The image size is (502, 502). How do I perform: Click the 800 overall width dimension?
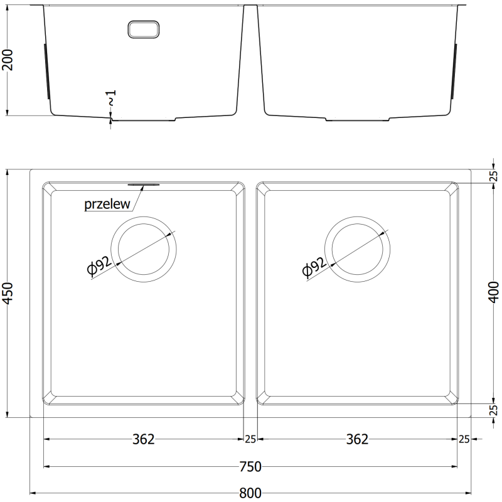click(x=251, y=493)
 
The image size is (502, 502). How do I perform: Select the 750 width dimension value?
click(x=250, y=466)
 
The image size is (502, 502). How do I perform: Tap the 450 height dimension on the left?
click(x=8, y=293)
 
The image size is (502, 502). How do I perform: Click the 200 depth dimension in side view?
click(x=8, y=60)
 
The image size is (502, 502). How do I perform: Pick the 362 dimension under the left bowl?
click(x=144, y=439)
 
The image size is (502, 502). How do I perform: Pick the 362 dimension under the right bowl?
click(x=357, y=439)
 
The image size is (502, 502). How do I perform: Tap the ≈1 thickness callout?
click(x=111, y=98)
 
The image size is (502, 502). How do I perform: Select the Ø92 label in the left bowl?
click(x=100, y=265)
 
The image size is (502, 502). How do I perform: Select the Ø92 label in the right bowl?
click(x=314, y=265)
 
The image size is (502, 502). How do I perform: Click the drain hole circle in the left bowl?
click(x=143, y=249)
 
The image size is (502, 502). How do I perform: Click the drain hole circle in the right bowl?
click(x=357, y=249)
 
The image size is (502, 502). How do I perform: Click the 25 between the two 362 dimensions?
click(x=250, y=439)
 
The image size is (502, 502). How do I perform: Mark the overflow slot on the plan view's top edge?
click(x=144, y=184)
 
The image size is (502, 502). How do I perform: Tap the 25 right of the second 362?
click(x=464, y=439)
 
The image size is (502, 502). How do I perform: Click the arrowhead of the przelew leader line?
click(x=142, y=187)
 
